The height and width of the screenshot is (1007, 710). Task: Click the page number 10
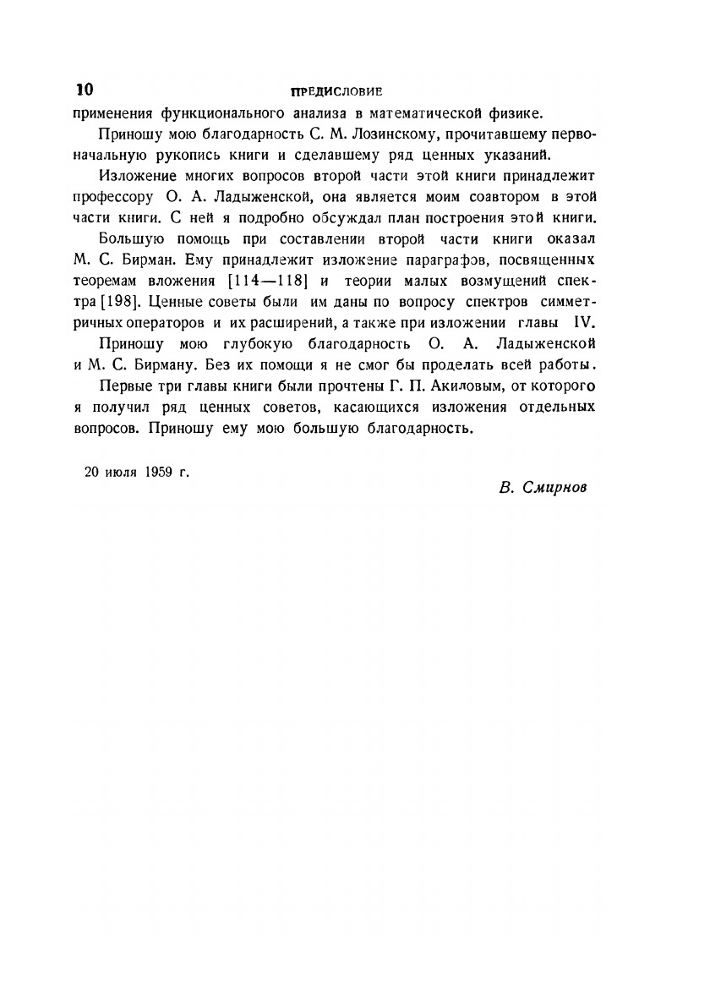tap(85, 90)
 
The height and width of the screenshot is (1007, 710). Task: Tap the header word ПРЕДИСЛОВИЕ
tap(336, 91)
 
